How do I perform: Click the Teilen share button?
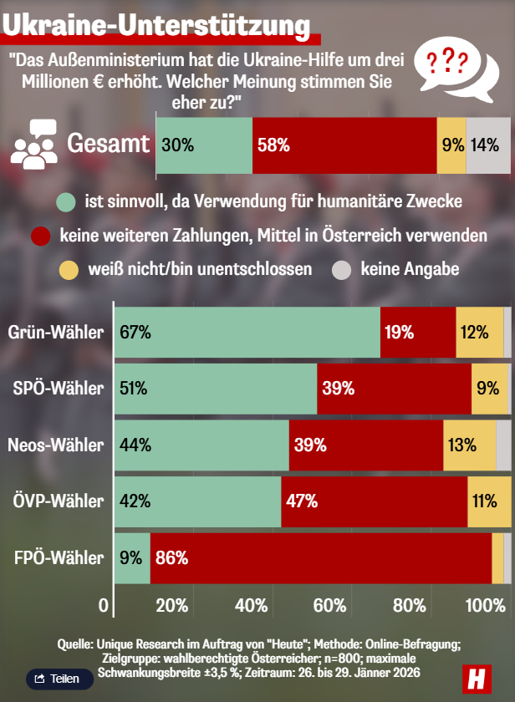pos(59,679)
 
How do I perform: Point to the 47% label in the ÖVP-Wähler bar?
pos(302,501)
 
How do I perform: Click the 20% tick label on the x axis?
pos(171,605)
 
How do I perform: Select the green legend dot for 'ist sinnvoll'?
pos(66,202)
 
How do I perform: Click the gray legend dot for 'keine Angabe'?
pos(343,270)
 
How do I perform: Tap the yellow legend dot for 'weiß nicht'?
pos(68,270)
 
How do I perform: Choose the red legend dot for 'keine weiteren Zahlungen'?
pos(41,237)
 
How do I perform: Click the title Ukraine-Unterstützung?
pos(156,24)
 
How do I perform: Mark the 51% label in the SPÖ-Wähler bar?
pos(134,389)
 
